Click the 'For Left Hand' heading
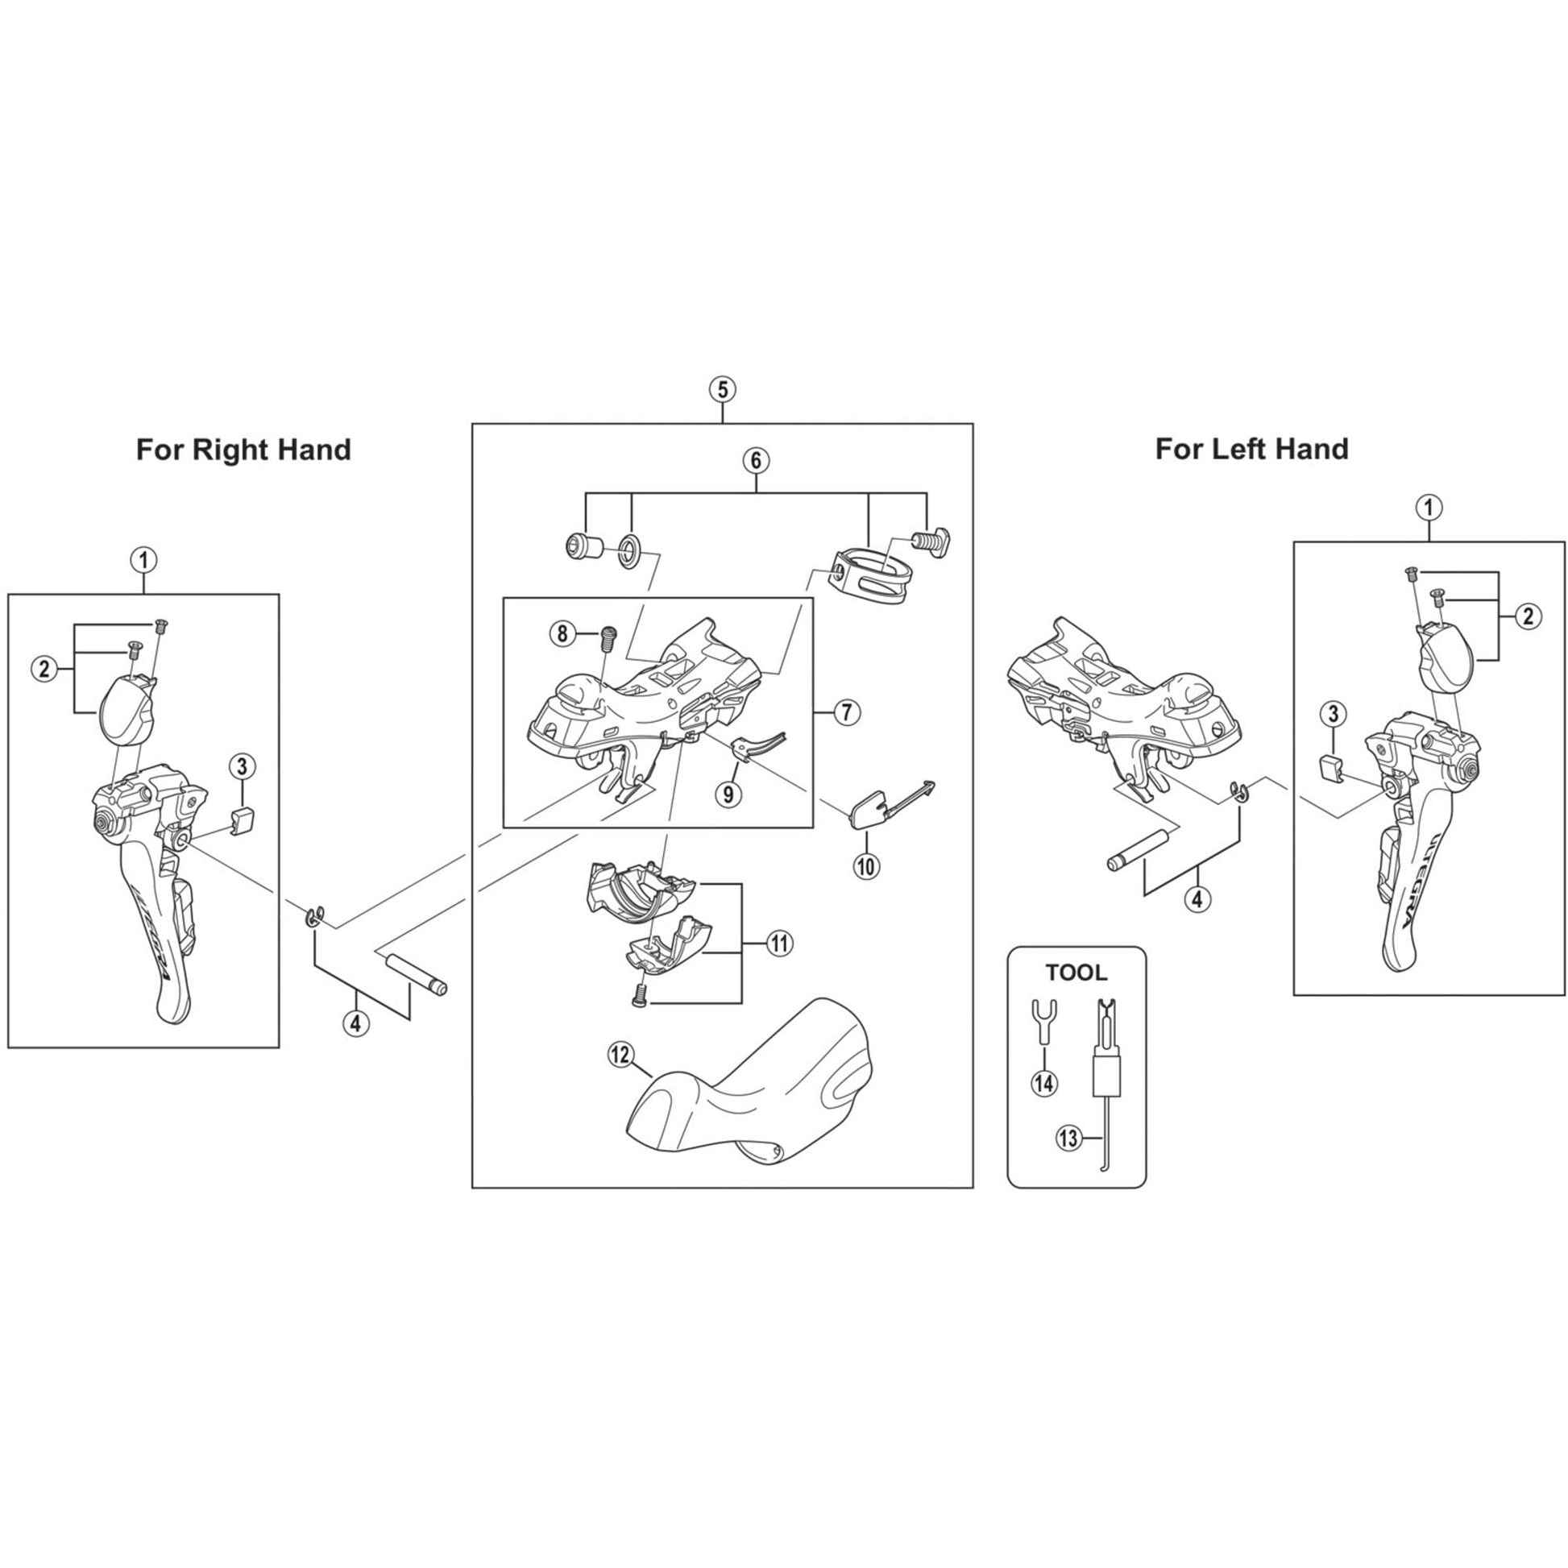pos(1252,449)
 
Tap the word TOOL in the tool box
pos(1076,973)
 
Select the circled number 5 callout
pos(722,389)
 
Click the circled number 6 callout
pos(756,460)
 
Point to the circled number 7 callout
pos(846,712)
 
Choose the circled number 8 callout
pos(562,633)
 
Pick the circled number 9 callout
pos(728,793)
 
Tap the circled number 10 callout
pos(866,866)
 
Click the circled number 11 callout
pos(780,943)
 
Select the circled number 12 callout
pos(620,1055)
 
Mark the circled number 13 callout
pos(1069,1139)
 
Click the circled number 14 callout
pos(1044,1082)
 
